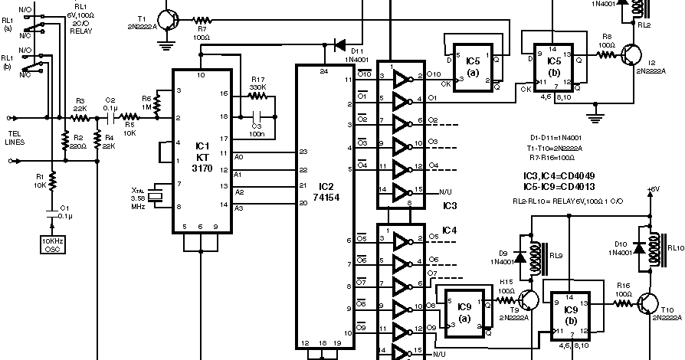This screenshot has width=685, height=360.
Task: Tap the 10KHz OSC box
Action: (x=53, y=244)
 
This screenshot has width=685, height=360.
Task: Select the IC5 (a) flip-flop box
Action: (x=472, y=67)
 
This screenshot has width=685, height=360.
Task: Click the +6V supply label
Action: (x=652, y=188)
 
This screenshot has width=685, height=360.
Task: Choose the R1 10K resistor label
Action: (x=40, y=181)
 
